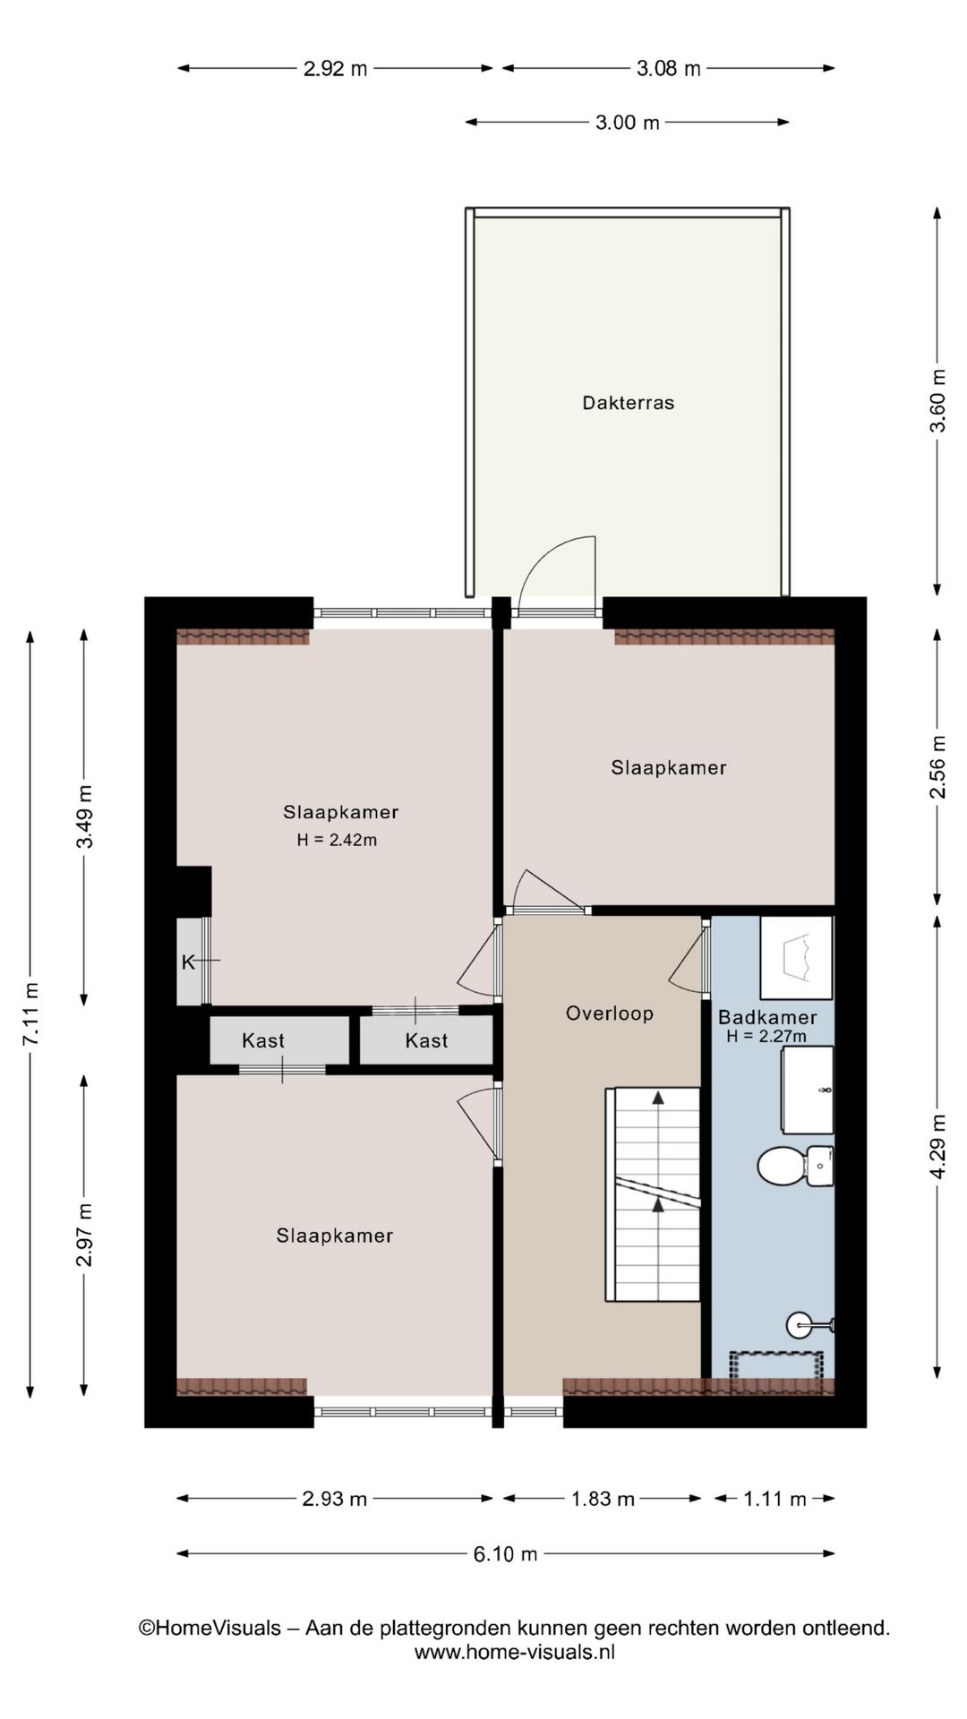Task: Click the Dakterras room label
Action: pos(628,403)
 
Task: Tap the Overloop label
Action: pos(609,1013)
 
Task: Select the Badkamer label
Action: pos(767,1017)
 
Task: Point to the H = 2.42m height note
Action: pos(337,840)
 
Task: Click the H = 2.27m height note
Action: pos(766,1037)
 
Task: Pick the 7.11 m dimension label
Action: pos(31,1013)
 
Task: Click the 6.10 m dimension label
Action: pos(506,1554)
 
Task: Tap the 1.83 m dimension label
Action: pos(603,1499)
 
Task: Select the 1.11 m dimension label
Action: pos(774,1499)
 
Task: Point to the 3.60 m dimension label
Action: pos(937,401)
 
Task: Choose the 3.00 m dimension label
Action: pos(628,123)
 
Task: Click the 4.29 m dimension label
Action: pos(937,1147)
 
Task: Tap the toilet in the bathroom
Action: pos(795,1166)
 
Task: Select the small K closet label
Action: pos(188,962)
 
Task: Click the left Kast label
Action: pos(263,1040)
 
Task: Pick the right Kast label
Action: pos(426,1040)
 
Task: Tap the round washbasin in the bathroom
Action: pos(800,1324)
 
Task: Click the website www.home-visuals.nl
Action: pos(514,1653)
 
